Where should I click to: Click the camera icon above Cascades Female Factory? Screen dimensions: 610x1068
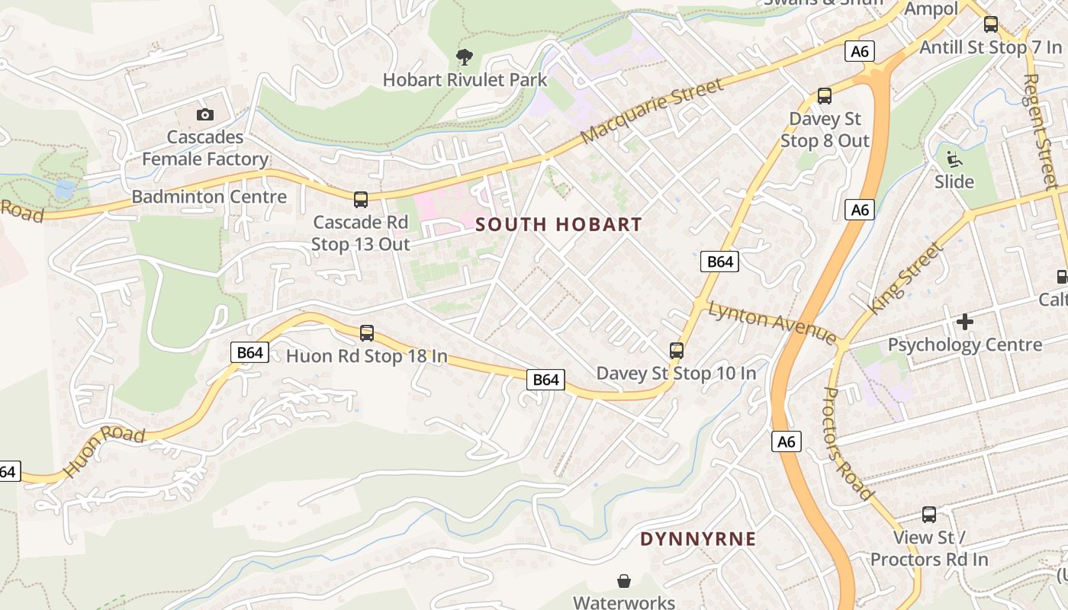204,115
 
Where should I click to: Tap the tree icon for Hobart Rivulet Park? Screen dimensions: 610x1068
464,56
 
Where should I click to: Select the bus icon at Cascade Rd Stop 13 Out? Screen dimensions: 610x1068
361,200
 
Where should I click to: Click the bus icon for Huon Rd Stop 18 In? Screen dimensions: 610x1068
367,333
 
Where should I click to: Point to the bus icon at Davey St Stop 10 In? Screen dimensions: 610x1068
677,351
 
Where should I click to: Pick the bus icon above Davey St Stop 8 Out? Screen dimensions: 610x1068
825,96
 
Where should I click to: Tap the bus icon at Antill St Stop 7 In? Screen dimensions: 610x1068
991,24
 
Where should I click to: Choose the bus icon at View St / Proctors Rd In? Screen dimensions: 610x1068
929,515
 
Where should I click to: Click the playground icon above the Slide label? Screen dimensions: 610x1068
954,159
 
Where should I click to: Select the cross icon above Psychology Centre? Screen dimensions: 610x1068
965,322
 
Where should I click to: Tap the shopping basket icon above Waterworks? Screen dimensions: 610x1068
624,581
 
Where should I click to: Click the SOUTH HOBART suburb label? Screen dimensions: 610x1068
558,225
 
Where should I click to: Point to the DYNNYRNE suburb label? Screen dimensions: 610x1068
698,539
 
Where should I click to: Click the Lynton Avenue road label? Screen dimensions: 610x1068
772,323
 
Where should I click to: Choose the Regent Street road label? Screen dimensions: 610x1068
1041,131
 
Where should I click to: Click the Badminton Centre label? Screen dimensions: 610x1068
209,197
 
